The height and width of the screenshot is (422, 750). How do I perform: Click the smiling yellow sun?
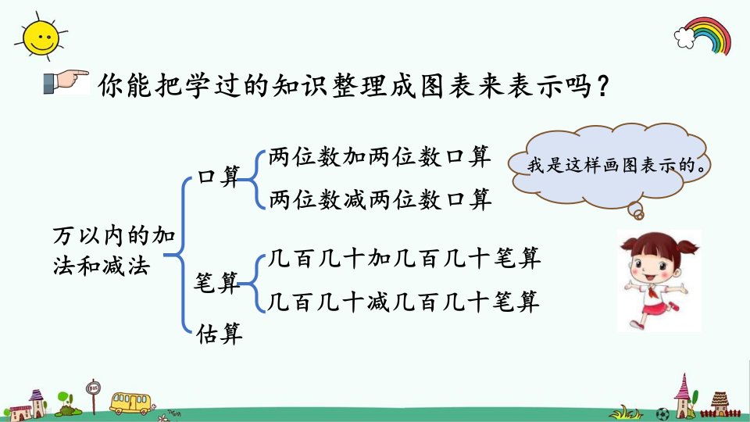click(x=41, y=38)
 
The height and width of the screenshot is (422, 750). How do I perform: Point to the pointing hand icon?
click(x=66, y=82)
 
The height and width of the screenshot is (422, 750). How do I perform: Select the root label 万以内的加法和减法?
click(x=114, y=251)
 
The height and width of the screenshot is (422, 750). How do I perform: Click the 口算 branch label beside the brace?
click(x=219, y=176)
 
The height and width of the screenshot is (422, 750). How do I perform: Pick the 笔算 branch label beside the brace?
click(x=216, y=282)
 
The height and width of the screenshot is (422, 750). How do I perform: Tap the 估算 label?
click(x=219, y=333)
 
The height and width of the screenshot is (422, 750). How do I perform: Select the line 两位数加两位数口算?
click(x=380, y=156)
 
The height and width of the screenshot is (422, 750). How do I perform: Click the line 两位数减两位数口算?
click(x=380, y=199)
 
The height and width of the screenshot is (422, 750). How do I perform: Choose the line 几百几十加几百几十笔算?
click(x=404, y=258)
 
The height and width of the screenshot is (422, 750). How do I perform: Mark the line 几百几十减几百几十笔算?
click(x=404, y=302)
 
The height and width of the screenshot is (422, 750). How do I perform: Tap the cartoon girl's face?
click(x=655, y=266)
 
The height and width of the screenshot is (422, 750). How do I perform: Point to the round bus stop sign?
click(x=93, y=388)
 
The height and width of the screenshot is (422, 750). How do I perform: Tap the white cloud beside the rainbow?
click(x=684, y=38)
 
